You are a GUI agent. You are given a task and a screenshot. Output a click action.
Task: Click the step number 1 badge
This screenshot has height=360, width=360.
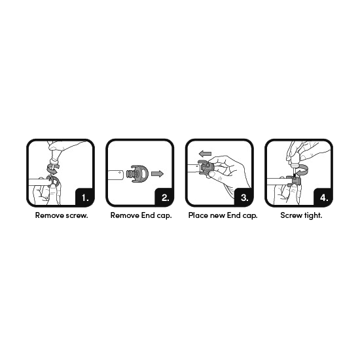coord(84,196)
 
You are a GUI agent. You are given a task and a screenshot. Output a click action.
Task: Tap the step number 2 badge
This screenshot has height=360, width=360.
coord(164,196)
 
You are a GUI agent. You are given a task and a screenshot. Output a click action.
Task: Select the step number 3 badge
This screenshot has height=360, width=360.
coord(243,196)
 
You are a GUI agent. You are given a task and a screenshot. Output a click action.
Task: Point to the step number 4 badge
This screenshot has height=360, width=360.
coord(323,196)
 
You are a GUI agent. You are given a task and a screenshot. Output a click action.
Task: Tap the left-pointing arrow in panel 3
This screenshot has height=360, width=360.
coord(206,153)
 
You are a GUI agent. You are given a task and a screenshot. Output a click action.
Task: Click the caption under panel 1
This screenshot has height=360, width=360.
coord(62,215)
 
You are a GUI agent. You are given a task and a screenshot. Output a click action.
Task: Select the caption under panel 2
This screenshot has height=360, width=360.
coord(141,215)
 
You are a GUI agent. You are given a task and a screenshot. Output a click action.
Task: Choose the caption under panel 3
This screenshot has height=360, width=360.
coord(223,215)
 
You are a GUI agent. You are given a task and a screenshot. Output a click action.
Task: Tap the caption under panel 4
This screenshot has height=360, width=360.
coord(300,215)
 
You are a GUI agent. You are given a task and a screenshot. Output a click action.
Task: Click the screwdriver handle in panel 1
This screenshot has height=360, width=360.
coord(54,156)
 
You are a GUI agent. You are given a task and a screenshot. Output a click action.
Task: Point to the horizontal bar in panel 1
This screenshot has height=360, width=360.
coord(37,178)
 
